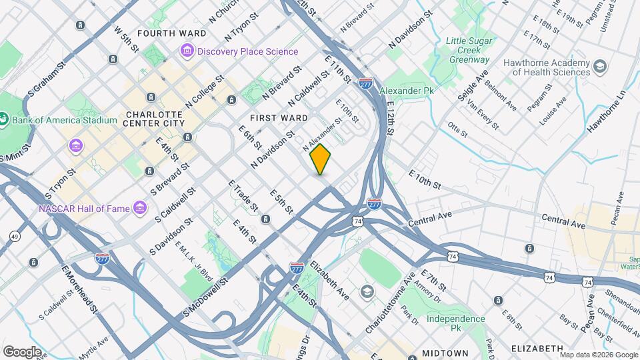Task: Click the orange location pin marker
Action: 321,159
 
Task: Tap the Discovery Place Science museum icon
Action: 187,51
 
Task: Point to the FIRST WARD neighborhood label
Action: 279,118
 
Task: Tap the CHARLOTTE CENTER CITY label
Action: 154,118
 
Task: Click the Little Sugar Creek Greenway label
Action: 468,49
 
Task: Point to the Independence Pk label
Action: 456,323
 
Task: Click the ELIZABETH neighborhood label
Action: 537,349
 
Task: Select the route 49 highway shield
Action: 15,236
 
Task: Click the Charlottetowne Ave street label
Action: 392,302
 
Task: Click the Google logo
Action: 22,351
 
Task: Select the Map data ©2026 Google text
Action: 598,354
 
